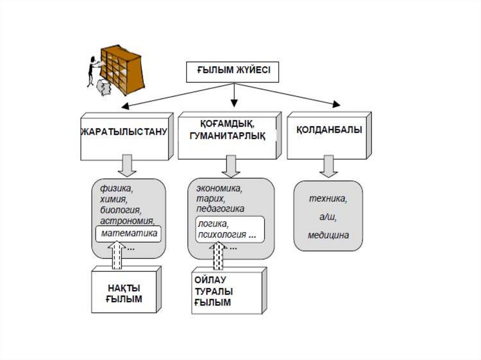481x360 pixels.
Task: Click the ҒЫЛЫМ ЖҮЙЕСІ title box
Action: tap(233, 72)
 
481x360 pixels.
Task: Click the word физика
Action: tap(116, 190)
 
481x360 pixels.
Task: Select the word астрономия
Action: tap(127, 221)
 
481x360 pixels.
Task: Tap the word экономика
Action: tap(219, 189)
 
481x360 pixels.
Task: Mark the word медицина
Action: tap(328, 236)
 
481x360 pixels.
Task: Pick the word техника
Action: tap(328, 199)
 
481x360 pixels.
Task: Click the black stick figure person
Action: tap(93, 70)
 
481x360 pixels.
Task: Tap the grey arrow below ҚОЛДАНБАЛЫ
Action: tap(329, 166)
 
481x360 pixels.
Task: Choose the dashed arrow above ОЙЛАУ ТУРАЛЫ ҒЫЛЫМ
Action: tap(218, 256)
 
